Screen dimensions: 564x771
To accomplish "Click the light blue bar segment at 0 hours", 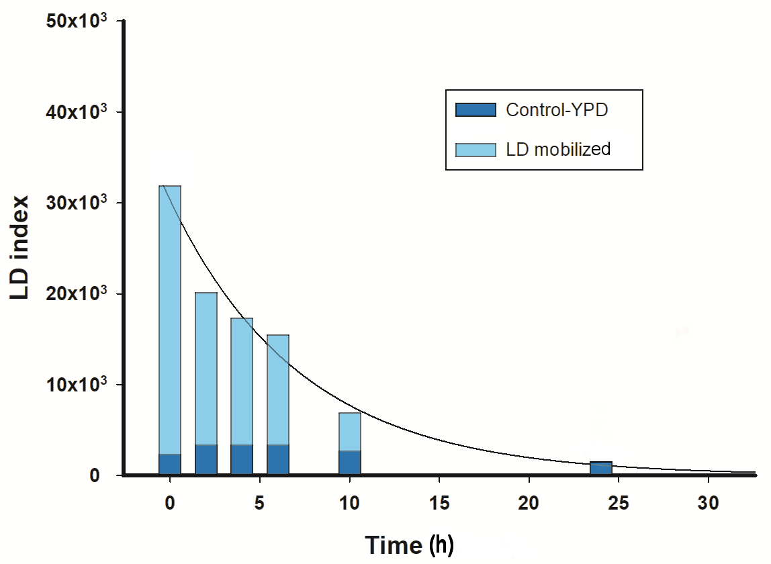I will (170, 319).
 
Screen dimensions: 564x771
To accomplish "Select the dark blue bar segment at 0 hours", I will (170, 465).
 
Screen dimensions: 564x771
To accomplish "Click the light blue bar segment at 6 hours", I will (278, 389).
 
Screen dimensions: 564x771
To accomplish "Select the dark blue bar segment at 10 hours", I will (350, 463).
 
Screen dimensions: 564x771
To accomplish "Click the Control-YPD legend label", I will (557, 110).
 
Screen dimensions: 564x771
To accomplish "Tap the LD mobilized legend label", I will (558, 149).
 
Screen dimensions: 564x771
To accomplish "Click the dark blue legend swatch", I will (475, 110).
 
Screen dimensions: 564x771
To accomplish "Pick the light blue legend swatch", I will (475, 149).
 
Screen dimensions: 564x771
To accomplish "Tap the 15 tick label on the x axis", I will (439, 503).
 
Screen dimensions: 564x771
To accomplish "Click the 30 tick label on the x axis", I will (709, 503).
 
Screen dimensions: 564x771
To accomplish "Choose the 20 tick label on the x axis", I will (529, 503).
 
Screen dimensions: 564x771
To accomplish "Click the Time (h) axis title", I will (410, 544).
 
